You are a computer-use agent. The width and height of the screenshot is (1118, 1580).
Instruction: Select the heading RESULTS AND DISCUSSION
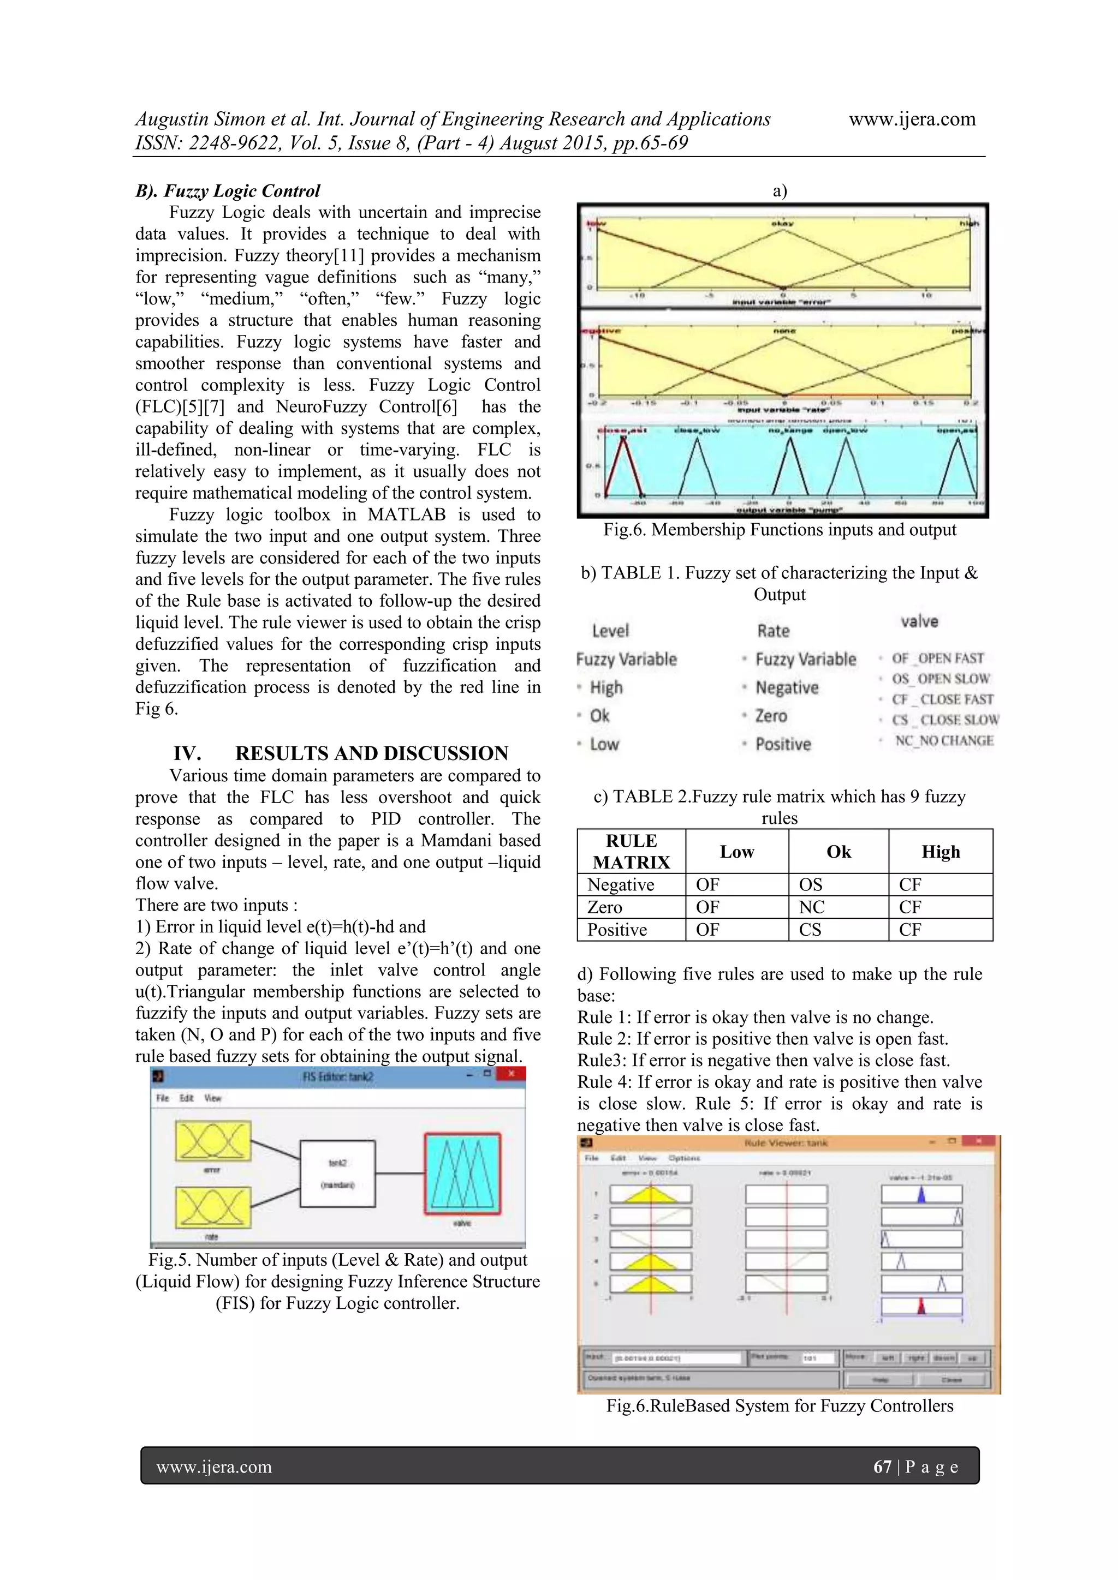click(371, 753)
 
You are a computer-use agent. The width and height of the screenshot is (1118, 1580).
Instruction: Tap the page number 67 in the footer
click(882, 1467)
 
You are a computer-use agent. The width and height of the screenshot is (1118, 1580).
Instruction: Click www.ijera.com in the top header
click(912, 119)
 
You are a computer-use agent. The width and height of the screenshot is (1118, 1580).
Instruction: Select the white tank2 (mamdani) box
click(337, 1174)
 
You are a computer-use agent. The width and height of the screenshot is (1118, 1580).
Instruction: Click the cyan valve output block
click(462, 1174)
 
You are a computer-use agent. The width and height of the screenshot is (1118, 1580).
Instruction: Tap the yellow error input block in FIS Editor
click(213, 1140)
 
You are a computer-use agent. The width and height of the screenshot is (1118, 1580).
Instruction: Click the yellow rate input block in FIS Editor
click(213, 1207)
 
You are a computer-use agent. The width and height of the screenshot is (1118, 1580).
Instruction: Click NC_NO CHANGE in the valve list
click(943, 740)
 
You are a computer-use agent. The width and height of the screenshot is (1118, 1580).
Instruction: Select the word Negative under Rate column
click(787, 687)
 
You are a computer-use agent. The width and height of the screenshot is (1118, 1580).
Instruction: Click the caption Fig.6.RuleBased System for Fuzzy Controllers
click(780, 1405)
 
